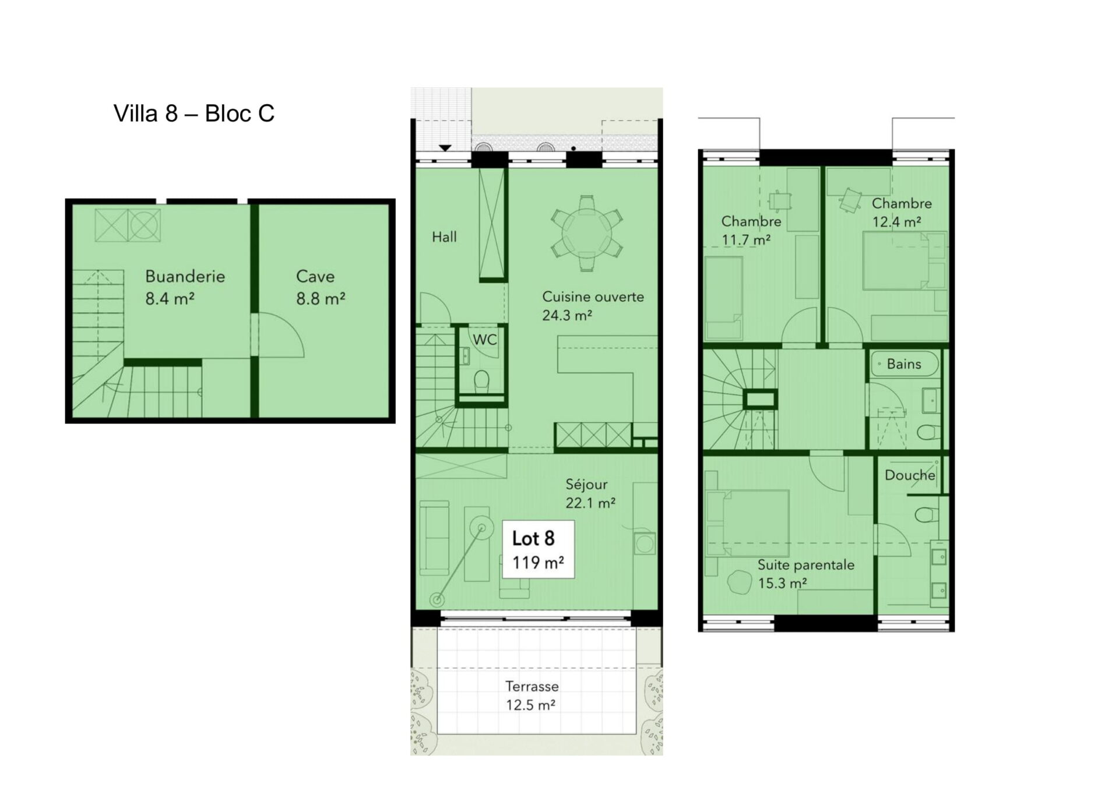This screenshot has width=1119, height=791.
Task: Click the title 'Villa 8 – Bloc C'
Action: tap(194, 114)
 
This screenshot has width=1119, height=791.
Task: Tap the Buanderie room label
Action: tap(185, 276)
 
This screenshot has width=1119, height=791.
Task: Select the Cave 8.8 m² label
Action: tap(320, 287)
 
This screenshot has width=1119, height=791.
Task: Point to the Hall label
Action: tap(444, 237)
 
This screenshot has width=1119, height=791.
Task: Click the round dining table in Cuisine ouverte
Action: tap(587, 233)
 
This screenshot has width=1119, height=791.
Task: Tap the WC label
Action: tap(484, 340)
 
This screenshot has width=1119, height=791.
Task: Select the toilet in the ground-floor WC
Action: tap(481, 382)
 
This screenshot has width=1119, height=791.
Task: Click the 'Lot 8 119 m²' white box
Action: tap(538, 549)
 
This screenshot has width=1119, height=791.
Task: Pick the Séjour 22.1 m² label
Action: tap(590, 493)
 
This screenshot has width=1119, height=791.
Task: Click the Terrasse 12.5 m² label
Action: tap(531, 695)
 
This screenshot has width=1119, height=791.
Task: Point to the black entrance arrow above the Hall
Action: tap(445, 148)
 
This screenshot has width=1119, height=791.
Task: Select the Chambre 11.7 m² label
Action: tap(751, 230)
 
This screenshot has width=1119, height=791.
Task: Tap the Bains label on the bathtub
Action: tap(904, 364)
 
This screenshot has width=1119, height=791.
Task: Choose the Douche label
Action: tap(910, 475)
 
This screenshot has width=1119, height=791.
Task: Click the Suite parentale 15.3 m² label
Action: tap(806, 574)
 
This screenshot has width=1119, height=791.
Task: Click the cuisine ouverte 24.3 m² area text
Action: tap(593, 306)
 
